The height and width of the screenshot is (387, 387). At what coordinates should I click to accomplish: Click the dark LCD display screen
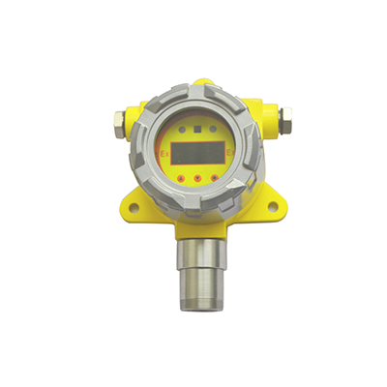(197, 153)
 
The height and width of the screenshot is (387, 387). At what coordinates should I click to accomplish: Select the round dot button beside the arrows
(196, 180)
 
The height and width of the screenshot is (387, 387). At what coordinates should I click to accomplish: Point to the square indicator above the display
(197, 126)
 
